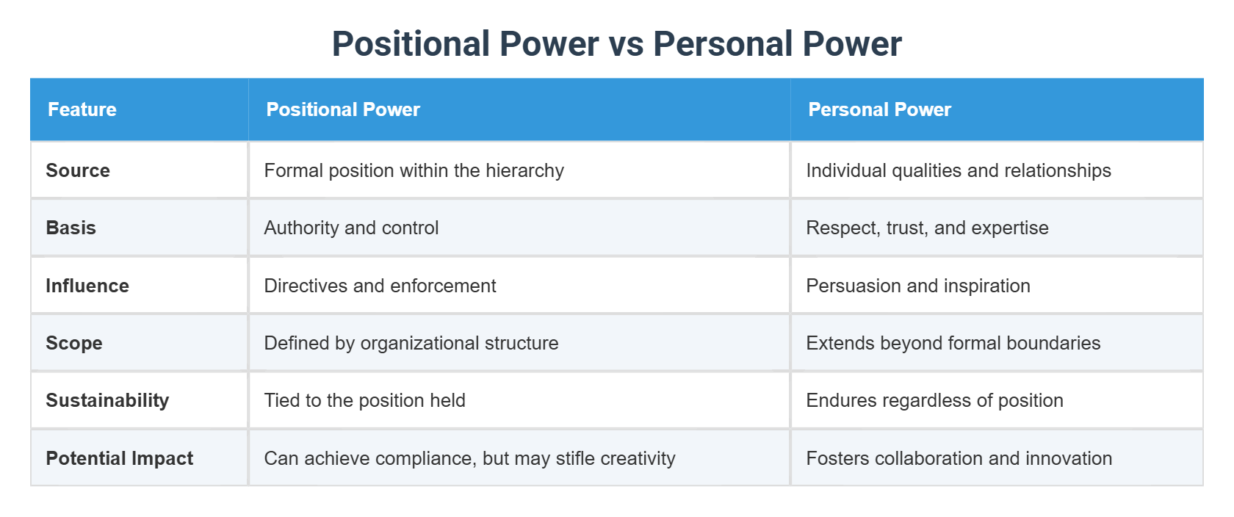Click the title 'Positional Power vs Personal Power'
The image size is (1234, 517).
616,44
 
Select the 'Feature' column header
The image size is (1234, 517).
82,109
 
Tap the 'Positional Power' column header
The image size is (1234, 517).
343,109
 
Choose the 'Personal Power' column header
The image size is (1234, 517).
879,109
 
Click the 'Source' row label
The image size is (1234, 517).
78,170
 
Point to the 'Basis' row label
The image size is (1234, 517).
71,228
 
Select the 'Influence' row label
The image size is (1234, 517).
87,286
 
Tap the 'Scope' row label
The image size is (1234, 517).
74,343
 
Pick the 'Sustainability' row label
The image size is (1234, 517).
107,400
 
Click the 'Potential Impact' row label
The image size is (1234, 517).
120,458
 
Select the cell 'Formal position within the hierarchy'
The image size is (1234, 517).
414,170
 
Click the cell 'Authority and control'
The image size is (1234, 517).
351,228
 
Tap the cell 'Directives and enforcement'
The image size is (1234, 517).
380,286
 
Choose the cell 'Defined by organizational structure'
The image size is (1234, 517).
411,343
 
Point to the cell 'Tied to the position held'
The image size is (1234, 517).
364,400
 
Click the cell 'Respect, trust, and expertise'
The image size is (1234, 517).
927,228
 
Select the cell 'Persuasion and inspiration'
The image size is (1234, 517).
918,286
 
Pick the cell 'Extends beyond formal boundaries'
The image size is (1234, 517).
953,343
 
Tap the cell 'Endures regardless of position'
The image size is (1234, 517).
934,400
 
